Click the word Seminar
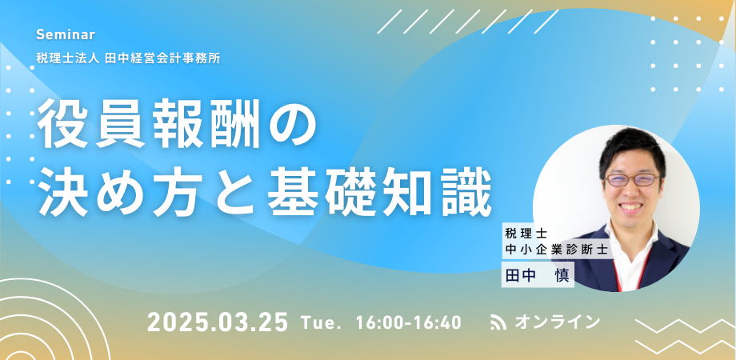pos(66,34)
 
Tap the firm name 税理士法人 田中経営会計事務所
pos(128,59)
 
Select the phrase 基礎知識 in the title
pos(379,194)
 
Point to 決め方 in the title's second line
pos(117,194)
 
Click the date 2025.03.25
pos(218,323)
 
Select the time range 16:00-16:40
pos(408,323)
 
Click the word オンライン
pos(557,322)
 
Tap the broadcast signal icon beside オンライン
pos(498,322)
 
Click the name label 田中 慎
pos(538,274)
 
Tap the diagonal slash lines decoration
pos(468,22)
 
